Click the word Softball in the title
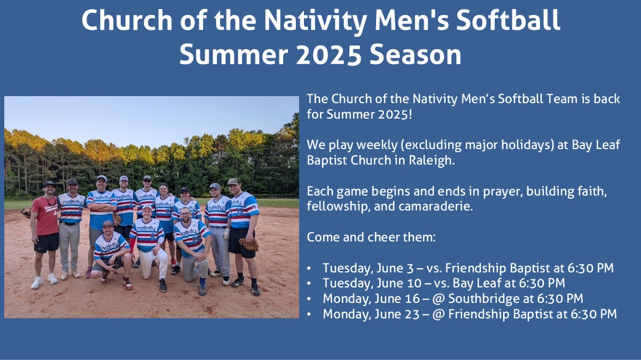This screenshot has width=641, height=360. [x=508, y=20]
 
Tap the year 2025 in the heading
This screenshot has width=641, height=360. [x=329, y=54]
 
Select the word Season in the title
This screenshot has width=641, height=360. [x=416, y=54]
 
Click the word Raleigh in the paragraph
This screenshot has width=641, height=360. [x=432, y=160]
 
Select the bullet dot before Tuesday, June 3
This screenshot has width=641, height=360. [x=309, y=269]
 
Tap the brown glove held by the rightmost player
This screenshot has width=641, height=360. [x=249, y=244]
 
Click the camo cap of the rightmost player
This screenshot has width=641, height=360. [x=233, y=182]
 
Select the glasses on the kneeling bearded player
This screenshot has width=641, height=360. [x=185, y=214]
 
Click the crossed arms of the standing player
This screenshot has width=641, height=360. [x=101, y=207]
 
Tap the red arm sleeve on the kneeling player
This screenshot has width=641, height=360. [x=132, y=245]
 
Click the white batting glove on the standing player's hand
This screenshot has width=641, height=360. [x=226, y=234]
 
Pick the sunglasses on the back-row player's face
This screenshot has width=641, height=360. [x=147, y=181]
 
